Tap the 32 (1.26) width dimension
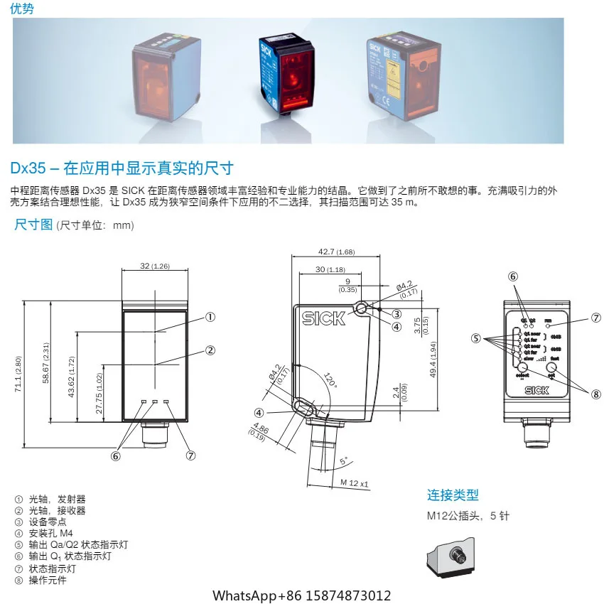tap(155, 266)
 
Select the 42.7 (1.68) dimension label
tap(336, 252)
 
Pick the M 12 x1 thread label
tap(355, 483)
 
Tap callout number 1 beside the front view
tap(210, 317)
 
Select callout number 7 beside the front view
tap(190, 456)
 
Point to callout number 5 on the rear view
tap(476, 338)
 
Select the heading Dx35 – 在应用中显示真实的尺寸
tap(122, 168)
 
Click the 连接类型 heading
tap(453, 495)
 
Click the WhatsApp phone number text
tap(302, 595)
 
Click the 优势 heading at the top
tap(21, 9)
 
